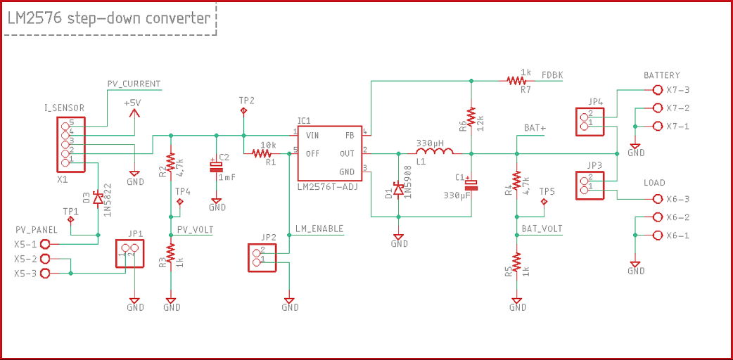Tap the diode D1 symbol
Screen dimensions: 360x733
point(398,189)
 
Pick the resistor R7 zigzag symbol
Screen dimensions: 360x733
point(516,80)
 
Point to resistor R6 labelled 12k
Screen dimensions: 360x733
point(471,117)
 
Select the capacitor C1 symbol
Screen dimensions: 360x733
point(471,185)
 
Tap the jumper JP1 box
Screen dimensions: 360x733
point(129,253)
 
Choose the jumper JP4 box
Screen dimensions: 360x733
point(589,121)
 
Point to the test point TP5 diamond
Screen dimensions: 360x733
point(544,202)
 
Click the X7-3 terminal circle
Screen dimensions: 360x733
point(658,90)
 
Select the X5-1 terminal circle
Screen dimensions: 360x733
point(45,244)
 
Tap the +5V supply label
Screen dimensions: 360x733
point(132,103)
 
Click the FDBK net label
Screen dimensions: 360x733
point(552,75)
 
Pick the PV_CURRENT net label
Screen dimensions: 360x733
point(134,84)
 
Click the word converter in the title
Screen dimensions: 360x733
point(178,18)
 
